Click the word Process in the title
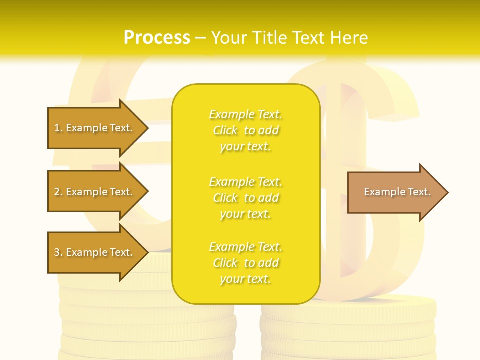[157, 38]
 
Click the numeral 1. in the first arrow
[58, 128]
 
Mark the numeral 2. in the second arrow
[58, 192]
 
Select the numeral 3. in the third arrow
[58, 252]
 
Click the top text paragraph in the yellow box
[245, 130]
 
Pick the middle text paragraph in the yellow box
[245, 198]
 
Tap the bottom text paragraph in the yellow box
[245, 263]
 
